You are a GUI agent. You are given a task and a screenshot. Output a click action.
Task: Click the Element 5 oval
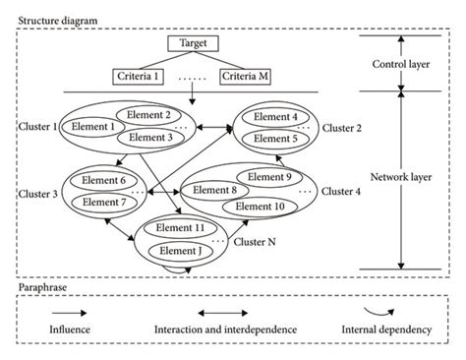276,140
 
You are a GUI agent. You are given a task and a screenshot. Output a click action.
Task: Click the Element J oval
179,251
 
